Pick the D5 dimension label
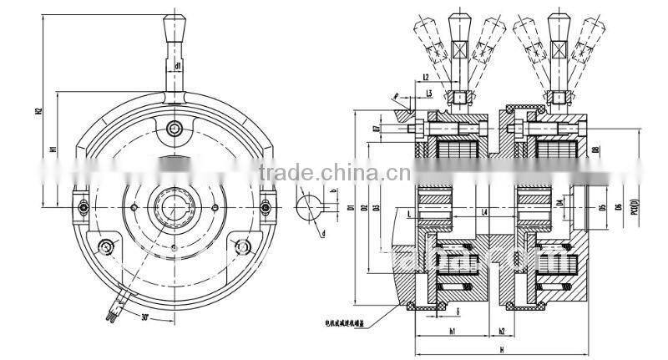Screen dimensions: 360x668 [600, 205]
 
